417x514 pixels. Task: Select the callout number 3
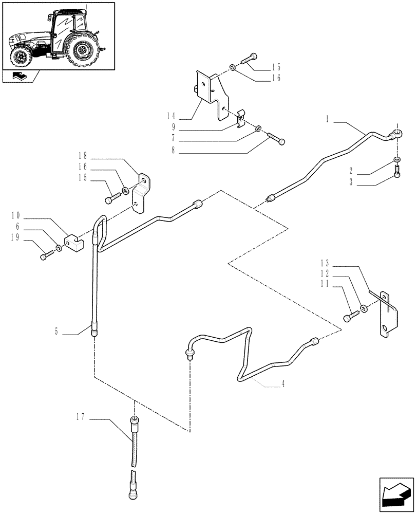click(x=352, y=182)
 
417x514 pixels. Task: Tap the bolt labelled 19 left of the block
click(x=47, y=253)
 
